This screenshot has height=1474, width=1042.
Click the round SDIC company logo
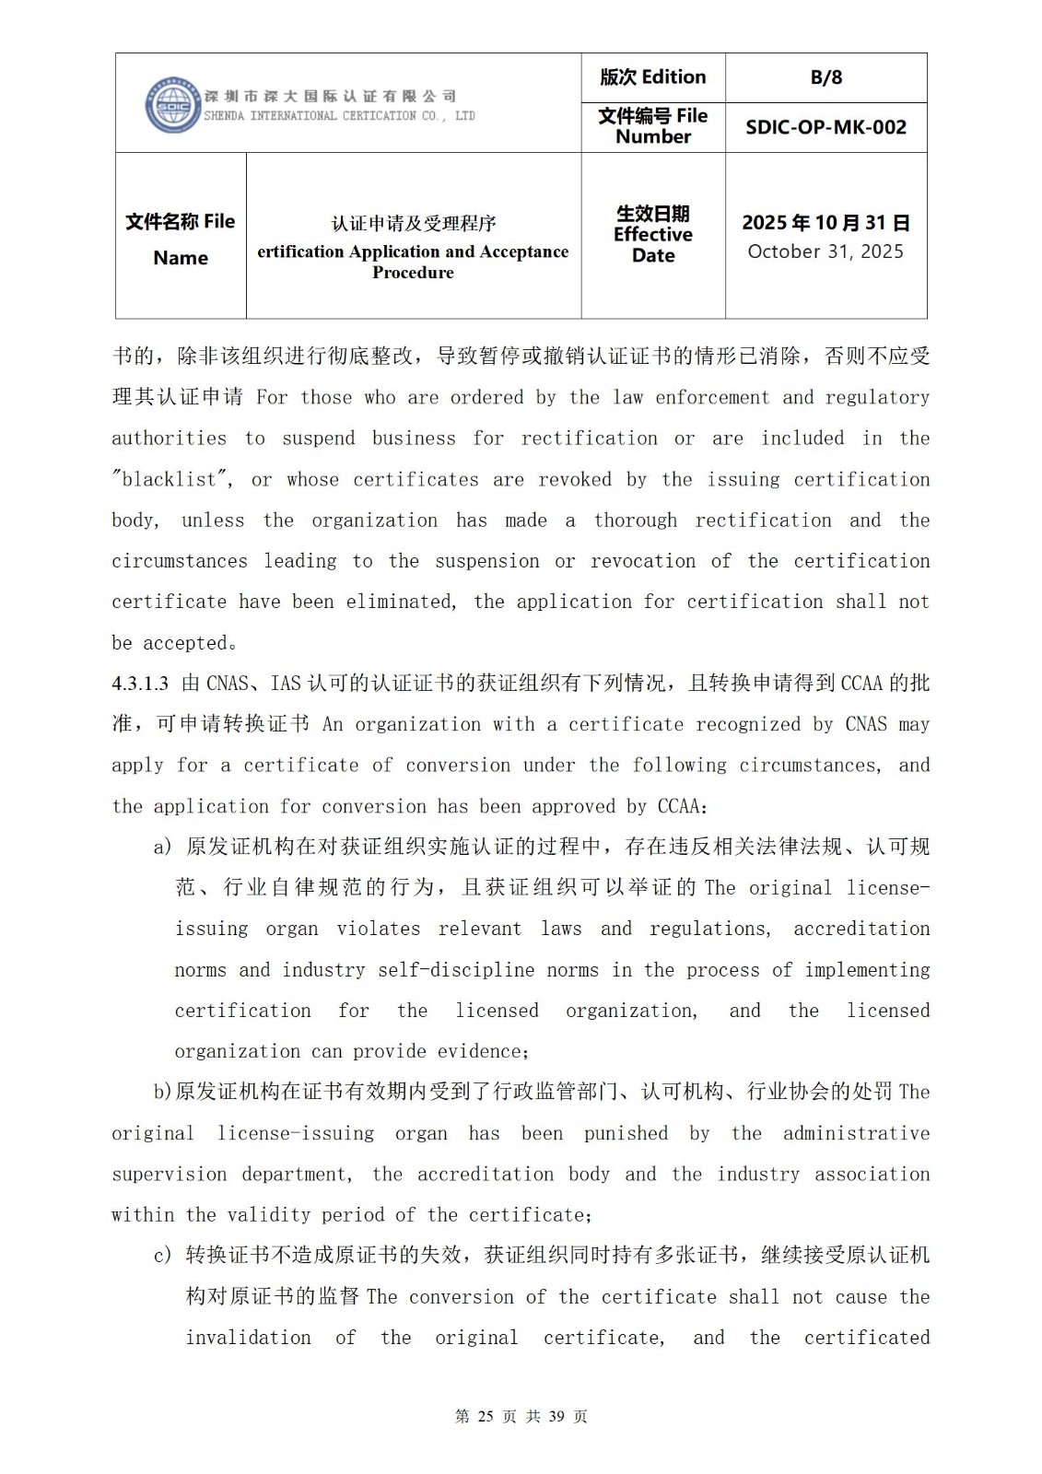[x=173, y=105]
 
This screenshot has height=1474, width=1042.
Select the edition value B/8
[x=825, y=77]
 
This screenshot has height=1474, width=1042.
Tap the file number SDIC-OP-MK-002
[x=825, y=127]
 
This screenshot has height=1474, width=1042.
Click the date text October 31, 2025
[x=825, y=252]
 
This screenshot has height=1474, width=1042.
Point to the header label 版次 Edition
[x=652, y=77]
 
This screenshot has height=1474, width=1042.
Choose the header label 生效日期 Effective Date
[x=652, y=234]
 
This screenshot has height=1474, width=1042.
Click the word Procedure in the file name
[x=413, y=273]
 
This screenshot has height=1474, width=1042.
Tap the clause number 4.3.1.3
[x=140, y=684]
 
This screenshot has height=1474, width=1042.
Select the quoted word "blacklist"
[x=172, y=480]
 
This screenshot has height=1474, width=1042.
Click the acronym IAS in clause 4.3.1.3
[x=287, y=684]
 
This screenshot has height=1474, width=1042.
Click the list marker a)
[x=162, y=847]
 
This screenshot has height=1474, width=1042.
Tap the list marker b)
[x=163, y=1093]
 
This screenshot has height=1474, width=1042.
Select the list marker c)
[x=162, y=1256]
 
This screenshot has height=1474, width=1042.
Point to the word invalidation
[x=248, y=1338]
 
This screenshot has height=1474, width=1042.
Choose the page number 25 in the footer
[x=486, y=1416]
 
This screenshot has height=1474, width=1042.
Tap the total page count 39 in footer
[x=556, y=1416]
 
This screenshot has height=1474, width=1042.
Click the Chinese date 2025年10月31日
[x=825, y=223]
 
